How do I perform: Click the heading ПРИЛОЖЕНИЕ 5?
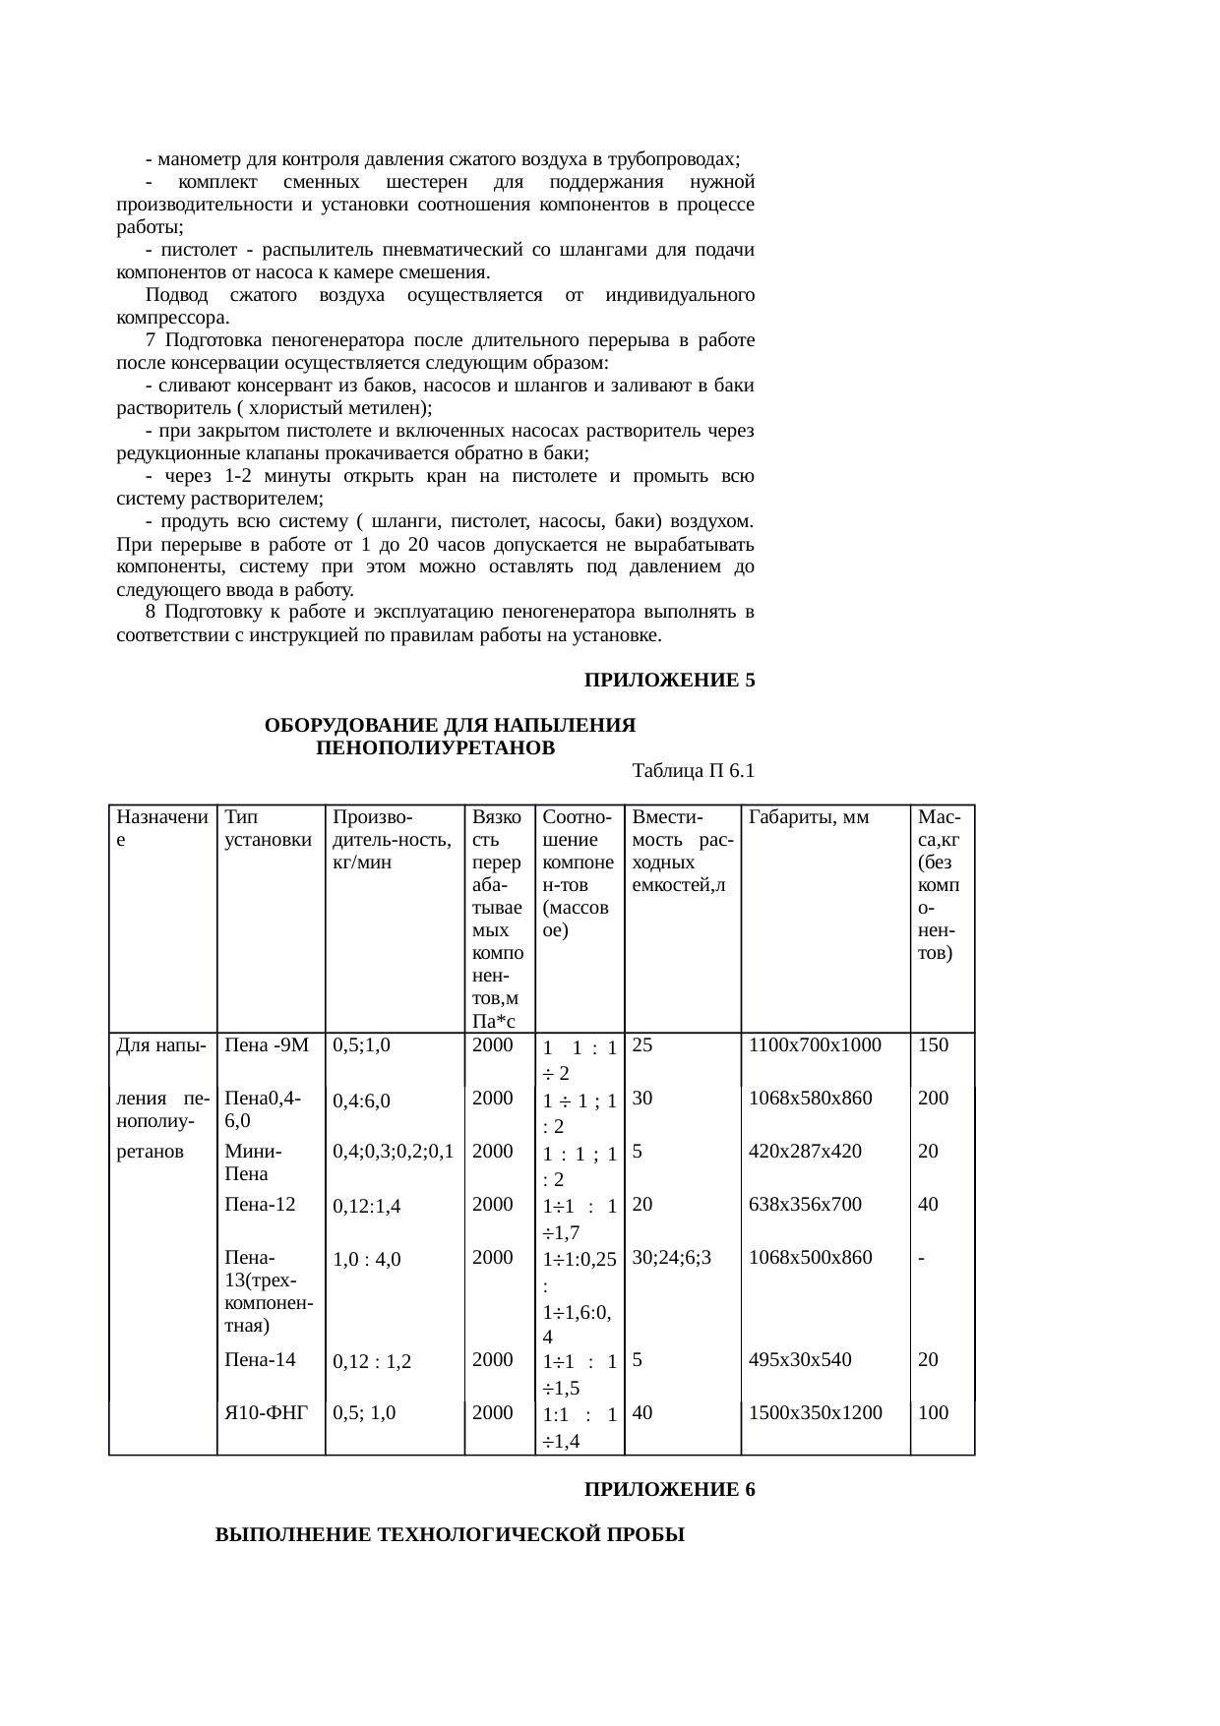[669, 681]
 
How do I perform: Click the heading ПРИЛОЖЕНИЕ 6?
[669, 1490]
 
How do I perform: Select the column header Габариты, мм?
[808, 817]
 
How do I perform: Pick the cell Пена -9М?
[267, 1045]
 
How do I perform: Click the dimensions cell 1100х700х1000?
[815, 1045]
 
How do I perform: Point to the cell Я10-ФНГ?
[267, 1413]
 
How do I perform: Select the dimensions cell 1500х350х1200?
[815, 1413]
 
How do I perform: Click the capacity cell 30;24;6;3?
[672, 1257]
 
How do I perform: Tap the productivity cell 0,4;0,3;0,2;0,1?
[393, 1152]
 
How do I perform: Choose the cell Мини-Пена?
[254, 1161]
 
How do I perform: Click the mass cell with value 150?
[933, 1045]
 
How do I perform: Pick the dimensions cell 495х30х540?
[800, 1360]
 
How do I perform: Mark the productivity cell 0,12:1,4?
[367, 1206]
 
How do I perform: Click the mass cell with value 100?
[933, 1413]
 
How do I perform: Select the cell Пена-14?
[260, 1360]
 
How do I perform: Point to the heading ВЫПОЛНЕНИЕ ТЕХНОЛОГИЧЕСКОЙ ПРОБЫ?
[450, 1534]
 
